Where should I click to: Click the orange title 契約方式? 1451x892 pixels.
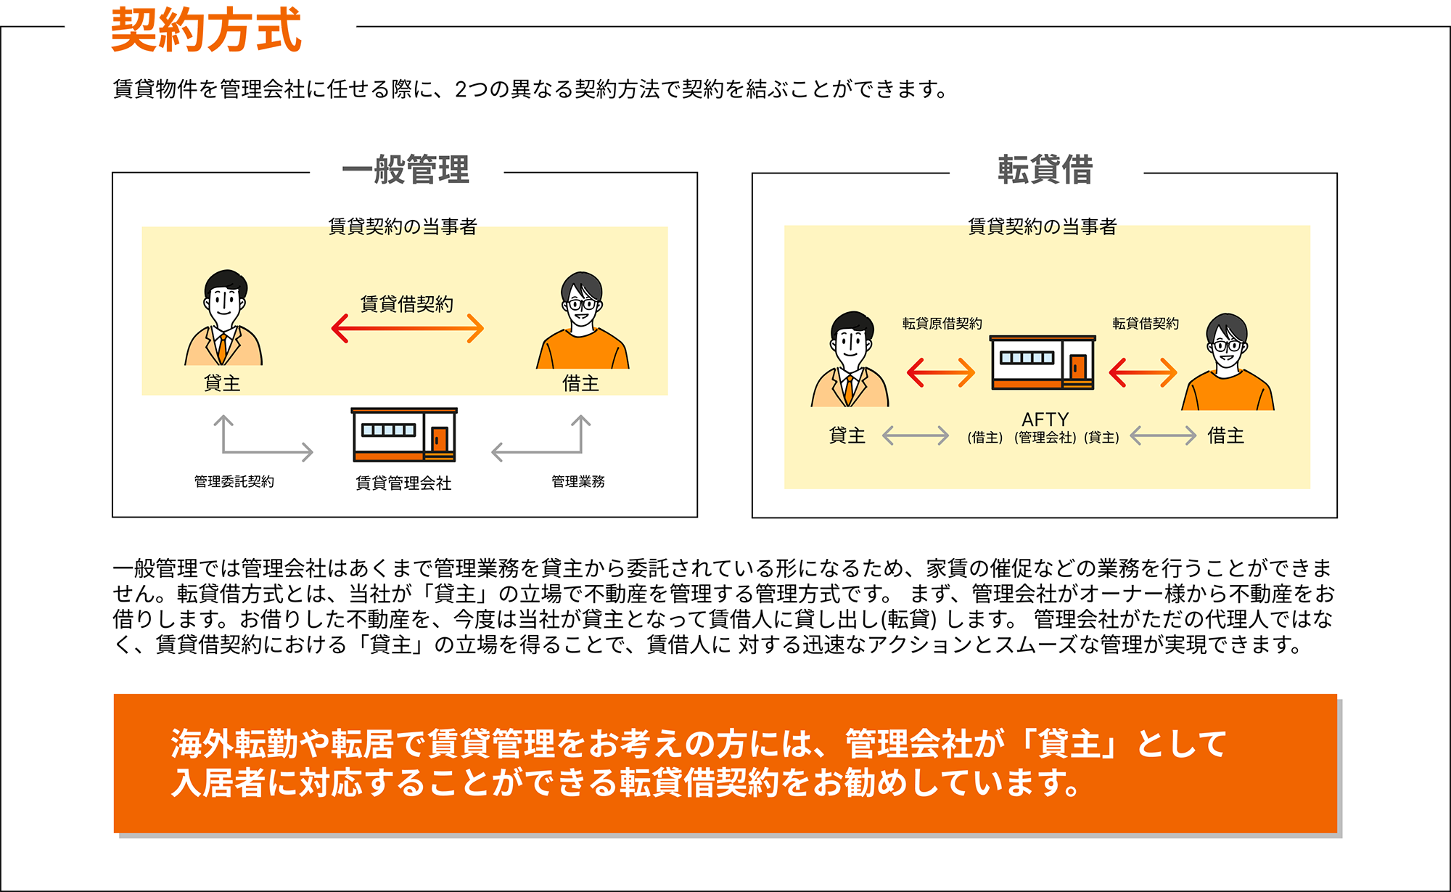205,30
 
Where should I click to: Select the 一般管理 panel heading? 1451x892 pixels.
406,170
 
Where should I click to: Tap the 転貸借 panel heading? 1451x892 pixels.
1045,170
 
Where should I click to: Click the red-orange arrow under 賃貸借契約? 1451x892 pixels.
408,328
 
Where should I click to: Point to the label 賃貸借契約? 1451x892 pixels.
407,303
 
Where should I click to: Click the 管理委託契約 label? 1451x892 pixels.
234,481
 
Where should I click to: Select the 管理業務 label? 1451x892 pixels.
578,481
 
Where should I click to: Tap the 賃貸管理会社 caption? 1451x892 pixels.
403,483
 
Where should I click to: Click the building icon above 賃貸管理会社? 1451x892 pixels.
404,435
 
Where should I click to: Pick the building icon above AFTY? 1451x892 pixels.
1043,362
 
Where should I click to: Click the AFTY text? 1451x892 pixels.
1045,420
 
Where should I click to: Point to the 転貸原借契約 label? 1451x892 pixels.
942,324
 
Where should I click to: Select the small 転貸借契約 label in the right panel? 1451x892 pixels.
1146,324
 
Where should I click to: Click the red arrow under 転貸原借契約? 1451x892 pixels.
941,373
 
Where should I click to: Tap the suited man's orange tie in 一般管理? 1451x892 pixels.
222,348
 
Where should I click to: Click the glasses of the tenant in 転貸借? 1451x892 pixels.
1227,345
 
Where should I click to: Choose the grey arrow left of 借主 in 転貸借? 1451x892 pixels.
1163,435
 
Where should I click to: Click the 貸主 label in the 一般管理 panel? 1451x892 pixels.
222,383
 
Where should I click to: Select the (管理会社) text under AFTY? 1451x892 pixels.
1045,438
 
